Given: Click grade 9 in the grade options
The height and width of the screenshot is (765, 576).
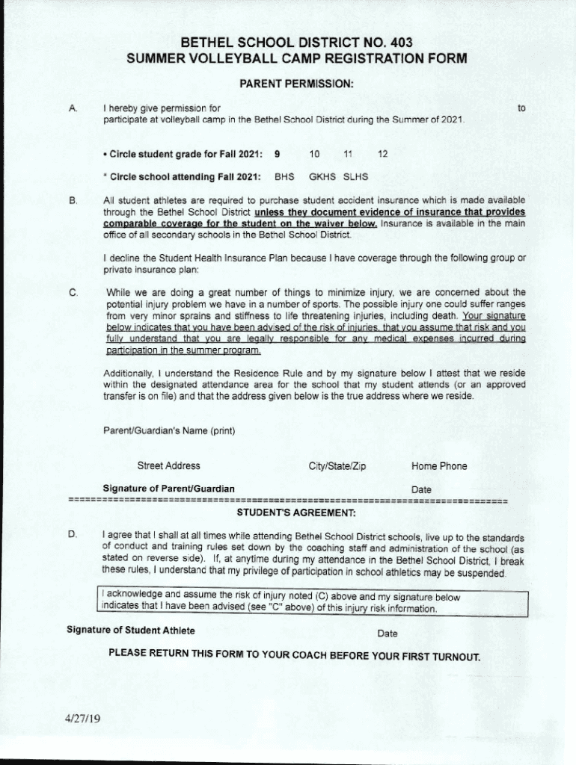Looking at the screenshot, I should (277, 154).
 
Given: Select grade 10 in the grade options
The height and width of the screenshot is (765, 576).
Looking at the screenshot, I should (314, 154).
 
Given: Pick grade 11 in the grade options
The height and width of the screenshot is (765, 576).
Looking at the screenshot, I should (347, 154).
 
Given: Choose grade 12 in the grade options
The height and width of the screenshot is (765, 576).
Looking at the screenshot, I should (382, 154).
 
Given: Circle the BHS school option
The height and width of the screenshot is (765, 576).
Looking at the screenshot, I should (284, 178).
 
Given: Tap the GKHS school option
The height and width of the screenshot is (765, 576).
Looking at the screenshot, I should (322, 178).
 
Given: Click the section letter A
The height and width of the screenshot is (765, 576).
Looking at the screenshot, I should (73, 109).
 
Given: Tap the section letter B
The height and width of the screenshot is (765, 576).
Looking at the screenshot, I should (73, 201).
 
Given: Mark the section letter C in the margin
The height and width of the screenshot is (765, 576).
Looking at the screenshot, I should (73, 293).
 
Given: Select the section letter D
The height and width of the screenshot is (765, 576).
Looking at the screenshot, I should (73, 535).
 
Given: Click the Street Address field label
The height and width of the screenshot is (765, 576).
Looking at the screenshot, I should (168, 466).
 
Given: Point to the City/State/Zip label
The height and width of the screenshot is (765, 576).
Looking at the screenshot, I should (337, 466).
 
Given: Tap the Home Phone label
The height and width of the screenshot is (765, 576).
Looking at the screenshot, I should (439, 466).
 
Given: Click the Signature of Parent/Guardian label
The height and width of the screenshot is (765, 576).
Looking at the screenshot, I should (168, 489).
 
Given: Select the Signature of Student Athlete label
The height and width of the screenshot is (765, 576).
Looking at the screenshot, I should (131, 630).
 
